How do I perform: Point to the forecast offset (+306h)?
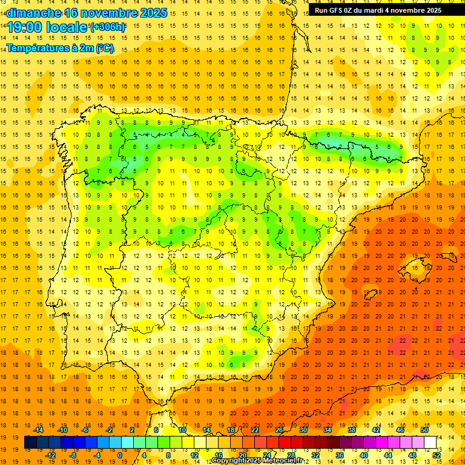(107, 27)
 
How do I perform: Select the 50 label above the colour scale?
(424, 430)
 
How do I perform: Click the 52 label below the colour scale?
(437, 455)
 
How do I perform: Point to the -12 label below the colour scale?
(50, 455)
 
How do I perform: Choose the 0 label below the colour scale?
(119, 455)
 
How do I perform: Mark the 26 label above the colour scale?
(279, 430)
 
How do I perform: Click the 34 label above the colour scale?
(328, 430)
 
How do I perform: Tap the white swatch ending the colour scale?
(430, 443)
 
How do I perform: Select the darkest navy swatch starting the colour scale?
(31, 443)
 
